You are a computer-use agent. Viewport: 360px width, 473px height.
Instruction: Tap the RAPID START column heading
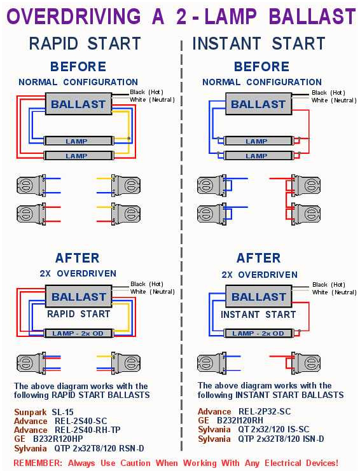click(85, 43)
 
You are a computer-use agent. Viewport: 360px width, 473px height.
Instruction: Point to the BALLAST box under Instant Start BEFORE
click(258, 104)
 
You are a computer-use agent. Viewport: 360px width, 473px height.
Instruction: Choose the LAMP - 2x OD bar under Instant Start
click(258, 333)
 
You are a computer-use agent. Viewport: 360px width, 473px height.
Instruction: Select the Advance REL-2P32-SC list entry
click(244, 412)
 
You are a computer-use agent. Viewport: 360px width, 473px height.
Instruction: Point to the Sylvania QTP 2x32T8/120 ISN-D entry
click(261, 439)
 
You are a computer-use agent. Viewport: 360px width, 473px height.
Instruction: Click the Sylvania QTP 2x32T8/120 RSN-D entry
click(79, 448)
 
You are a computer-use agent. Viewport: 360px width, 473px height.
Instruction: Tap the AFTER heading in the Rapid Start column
click(77, 258)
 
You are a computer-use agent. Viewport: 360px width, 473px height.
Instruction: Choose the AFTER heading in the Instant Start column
click(258, 258)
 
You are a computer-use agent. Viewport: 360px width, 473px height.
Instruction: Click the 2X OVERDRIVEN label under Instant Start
click(259, 275)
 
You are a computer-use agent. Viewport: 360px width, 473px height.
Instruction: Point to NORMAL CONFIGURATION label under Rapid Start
click(78, 82)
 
